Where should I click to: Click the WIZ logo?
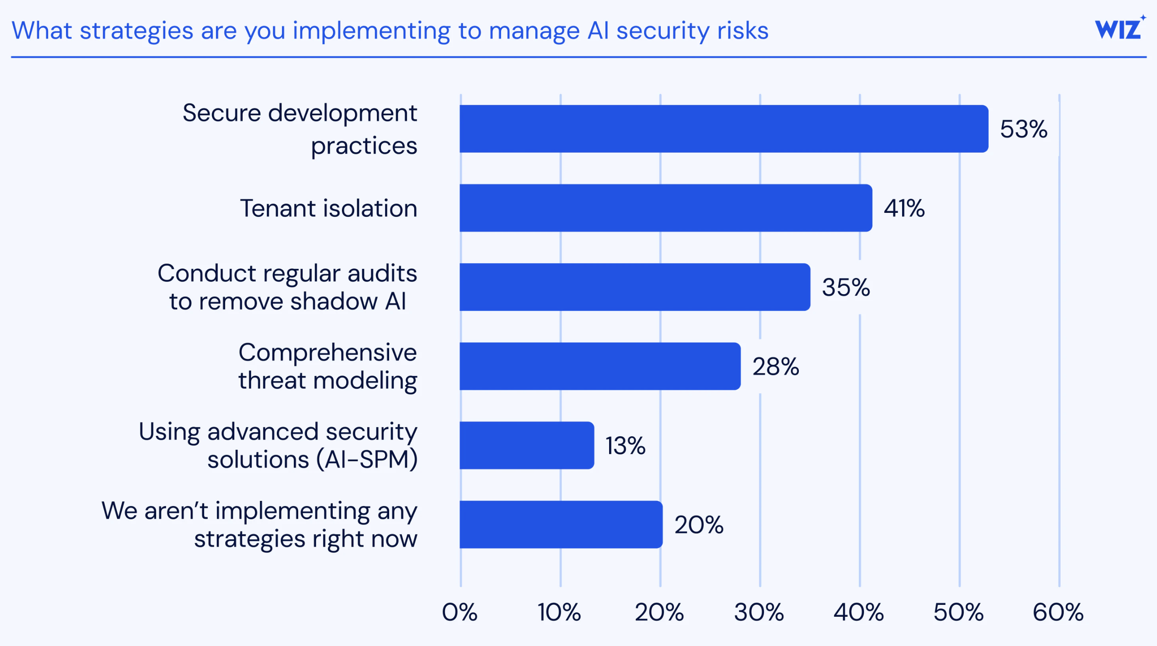click(x=1119, y=29)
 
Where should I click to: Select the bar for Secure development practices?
click(x=723, y=129)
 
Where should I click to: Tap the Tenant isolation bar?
click(x=665, y=208)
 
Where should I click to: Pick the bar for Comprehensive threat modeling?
click(x=599, y=366)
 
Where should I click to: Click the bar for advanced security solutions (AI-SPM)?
click(x=526, y=445)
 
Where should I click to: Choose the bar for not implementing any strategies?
click(x=561, y=524)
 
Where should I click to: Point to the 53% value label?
click(x=1024, y=129)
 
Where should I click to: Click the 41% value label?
click(x=904, y=208)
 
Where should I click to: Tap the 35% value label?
click(x=846, y=287)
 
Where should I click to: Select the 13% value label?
click(x=625, y=446)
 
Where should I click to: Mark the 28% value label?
click(x=776, y=367)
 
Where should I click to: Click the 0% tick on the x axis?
click(x=460, y=612)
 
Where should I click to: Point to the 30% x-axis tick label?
click(x=759, y=612)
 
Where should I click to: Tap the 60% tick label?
click(x=1058, y=612)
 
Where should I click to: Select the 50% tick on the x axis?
click(x=958, y=612)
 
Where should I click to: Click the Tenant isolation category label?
click(x=328, y=208)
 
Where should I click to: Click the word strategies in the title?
click(x=136, y=31)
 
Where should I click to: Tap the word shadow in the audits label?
click(x=334, y=301)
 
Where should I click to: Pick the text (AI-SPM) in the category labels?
click(x=367, y=460)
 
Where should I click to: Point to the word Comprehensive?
click(x=328, y=352)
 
